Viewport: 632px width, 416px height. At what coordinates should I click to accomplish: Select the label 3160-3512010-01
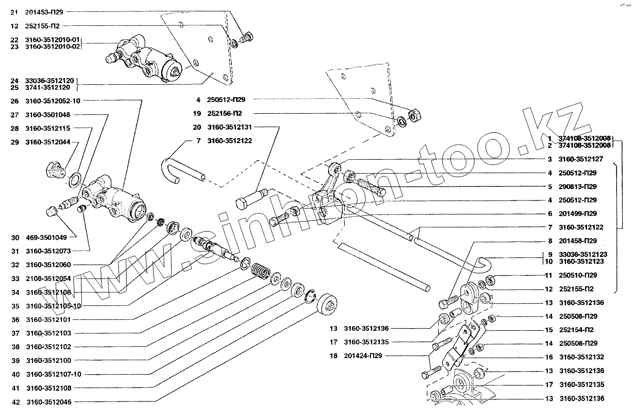[x=53, y=39]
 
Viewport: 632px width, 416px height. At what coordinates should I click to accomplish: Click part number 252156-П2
[x=225, y=113]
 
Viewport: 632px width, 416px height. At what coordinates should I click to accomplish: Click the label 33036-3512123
[x=582, y=254]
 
